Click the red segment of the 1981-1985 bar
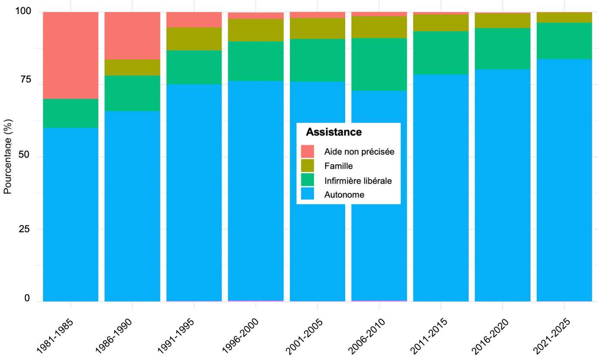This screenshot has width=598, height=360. pos(71,55)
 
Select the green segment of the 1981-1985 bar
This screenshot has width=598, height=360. pos(71,113)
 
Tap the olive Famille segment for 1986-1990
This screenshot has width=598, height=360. pos(132,67)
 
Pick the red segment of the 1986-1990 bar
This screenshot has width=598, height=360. pos(132,35)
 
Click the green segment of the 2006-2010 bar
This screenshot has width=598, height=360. pos(379,64)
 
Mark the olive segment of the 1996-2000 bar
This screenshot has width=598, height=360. pos(255,30)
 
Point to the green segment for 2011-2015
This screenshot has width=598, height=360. pos(441,53)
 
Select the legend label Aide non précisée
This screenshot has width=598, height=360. pos(359,152)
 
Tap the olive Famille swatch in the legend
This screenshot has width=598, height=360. pos(307,166)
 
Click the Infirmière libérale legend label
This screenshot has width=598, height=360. pos(358,180)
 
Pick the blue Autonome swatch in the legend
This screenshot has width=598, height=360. pos(307,194)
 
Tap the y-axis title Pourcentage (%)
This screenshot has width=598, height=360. pos(7,156)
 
